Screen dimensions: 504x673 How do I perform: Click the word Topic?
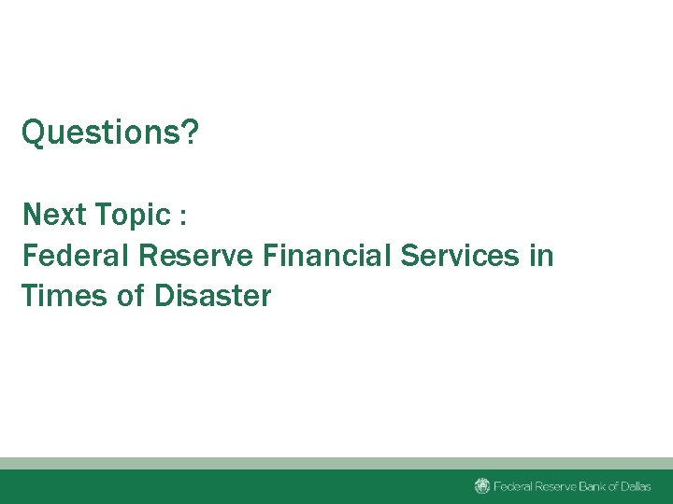coord(132,216)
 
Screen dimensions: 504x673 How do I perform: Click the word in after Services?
coord(541,255)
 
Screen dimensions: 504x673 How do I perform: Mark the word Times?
coord(58,296)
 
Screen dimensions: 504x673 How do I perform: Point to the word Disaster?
coord(211,296)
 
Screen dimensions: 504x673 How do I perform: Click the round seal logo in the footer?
coord(482,486)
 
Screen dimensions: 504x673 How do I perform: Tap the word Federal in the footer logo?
coord(509,486)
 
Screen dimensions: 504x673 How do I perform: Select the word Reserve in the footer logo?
coord(551,486)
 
